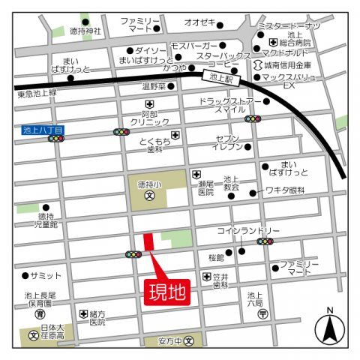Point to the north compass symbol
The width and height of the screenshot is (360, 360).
(x=328, y=328)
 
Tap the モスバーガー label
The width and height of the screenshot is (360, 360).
(x=193, y=46)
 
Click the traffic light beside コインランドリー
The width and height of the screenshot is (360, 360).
(x=265, y=241)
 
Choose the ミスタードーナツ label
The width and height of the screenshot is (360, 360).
(x=288, y=26)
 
